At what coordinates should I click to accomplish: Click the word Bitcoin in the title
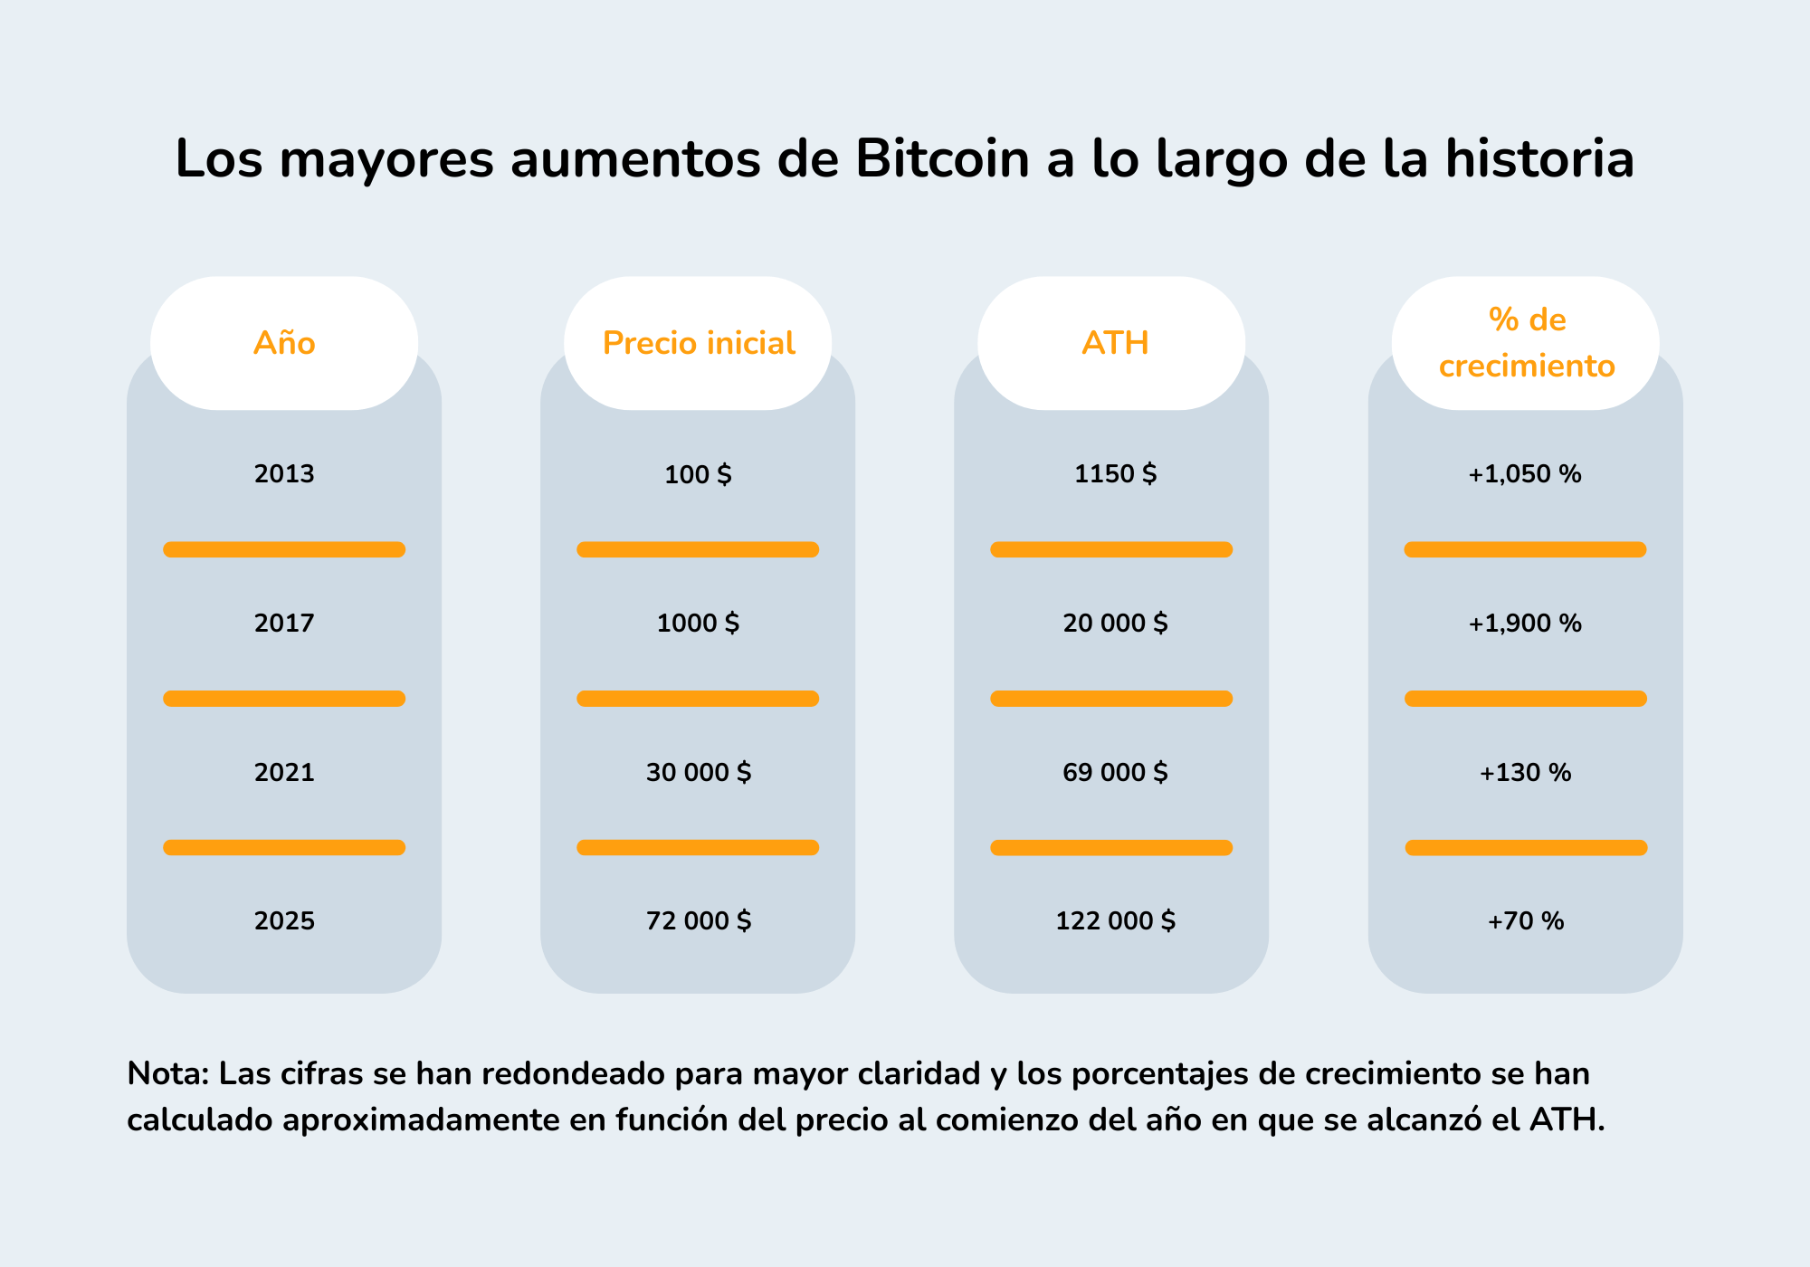(942, 159)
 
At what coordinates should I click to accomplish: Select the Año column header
(284, 343)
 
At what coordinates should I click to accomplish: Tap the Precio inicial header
(698, 343)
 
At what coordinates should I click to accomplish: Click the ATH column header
(1115, 343)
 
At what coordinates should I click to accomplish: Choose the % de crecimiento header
(1527, 343)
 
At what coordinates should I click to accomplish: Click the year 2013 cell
(284, 474)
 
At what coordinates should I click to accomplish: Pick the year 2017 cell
(284, 624)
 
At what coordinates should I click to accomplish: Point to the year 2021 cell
(284, 773)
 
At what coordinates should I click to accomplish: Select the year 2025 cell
(284, 921)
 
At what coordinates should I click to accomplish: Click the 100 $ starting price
(698, 474)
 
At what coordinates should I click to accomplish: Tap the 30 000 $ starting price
(698, 773)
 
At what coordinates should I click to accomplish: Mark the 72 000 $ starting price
(698, 921)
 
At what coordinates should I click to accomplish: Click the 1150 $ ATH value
(1115, 474)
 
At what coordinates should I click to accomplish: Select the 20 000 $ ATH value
(1115, 624)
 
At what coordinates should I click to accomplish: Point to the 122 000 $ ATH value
(1115, 921)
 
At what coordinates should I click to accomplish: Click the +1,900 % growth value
(1525, 624)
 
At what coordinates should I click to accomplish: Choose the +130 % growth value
(1525, 773)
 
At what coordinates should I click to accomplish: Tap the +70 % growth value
(1525, 921)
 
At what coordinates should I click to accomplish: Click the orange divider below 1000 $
(698, 699)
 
